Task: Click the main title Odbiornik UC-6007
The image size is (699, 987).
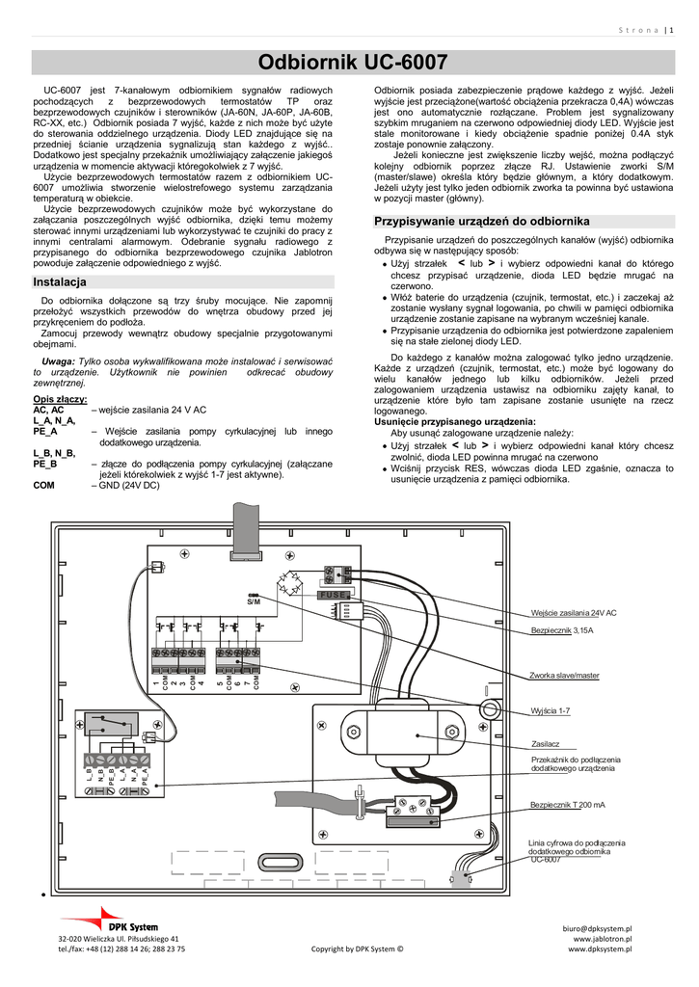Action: (353, 64)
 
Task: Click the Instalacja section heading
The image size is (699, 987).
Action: (60, 282)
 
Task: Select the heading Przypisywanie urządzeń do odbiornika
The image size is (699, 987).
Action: (481, 222)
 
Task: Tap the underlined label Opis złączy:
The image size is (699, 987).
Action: (60, 399)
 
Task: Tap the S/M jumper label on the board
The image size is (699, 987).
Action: (254, 601)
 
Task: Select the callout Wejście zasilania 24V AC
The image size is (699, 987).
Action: (574, 613)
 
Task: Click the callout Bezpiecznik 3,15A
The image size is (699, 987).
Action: (562, 630)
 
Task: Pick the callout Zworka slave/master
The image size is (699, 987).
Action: (565, 676)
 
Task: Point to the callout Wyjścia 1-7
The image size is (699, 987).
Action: (551, 711)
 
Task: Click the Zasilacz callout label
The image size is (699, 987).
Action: (546, 744)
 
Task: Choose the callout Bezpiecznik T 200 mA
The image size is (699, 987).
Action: (568, 805)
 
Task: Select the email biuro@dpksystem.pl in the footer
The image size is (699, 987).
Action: (598, 926)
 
